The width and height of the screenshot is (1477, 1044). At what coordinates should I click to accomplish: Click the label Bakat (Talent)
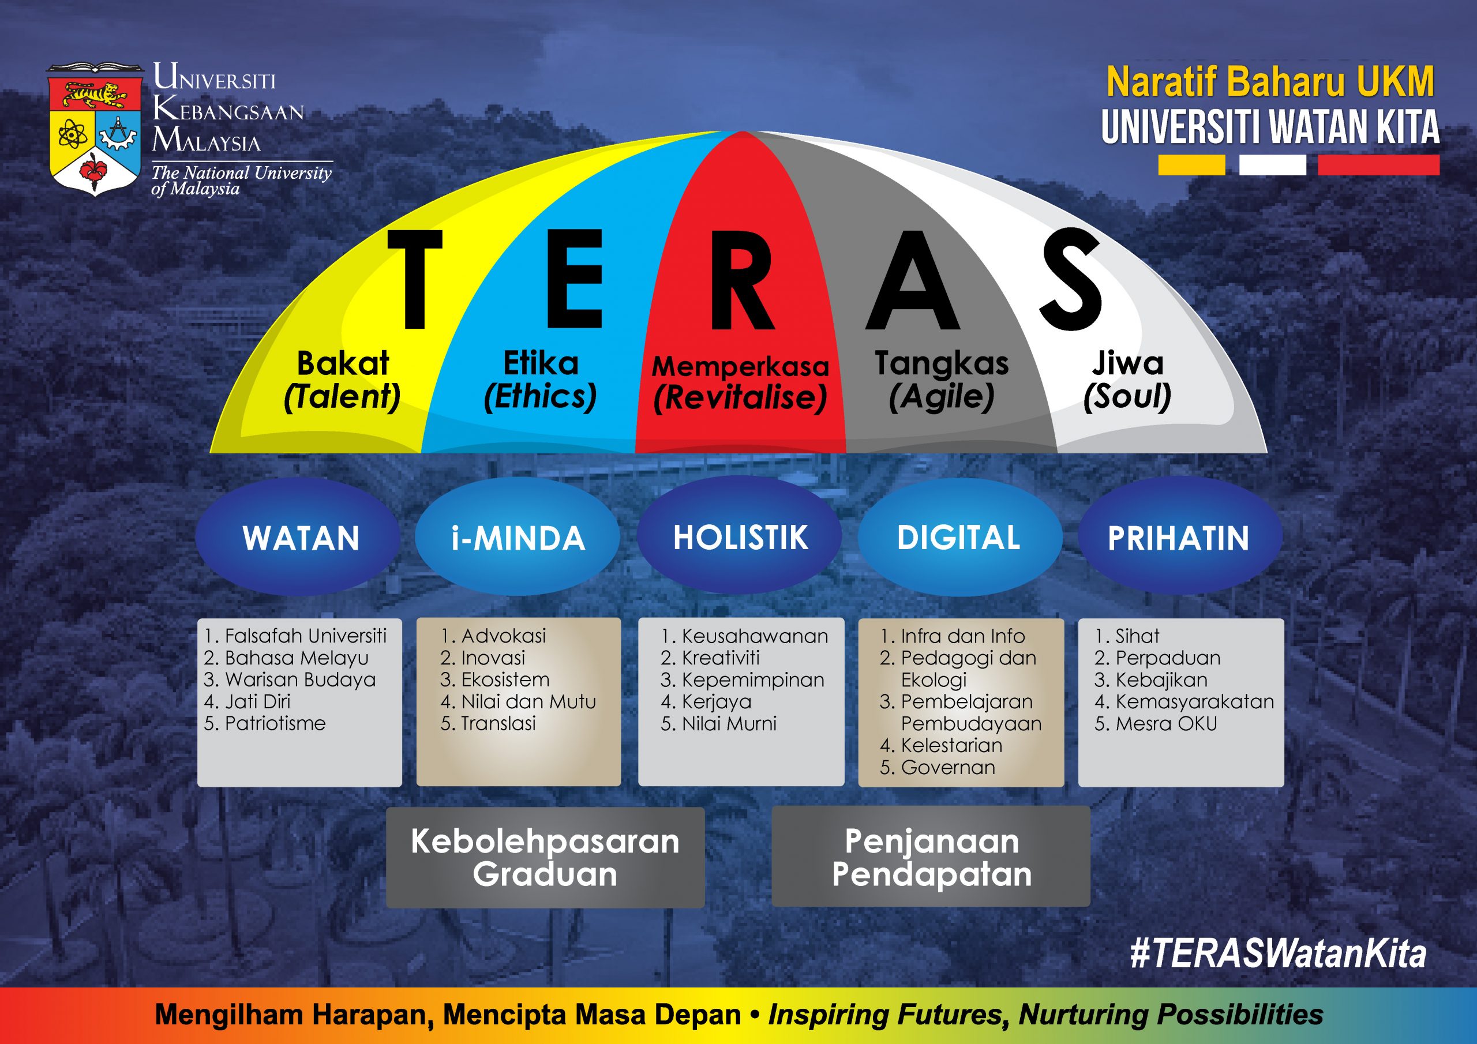[342, 380]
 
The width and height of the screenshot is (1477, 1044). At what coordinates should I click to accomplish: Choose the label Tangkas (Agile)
[942, 380]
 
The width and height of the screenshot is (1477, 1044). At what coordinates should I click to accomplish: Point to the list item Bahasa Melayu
[286, 658]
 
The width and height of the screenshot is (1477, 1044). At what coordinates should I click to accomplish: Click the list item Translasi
[488, 724]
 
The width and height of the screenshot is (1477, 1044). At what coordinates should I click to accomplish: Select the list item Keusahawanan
[744, 636]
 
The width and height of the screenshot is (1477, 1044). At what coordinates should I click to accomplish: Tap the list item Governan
[938, 767]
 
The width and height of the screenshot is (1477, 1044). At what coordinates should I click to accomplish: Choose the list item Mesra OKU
[1156, 724]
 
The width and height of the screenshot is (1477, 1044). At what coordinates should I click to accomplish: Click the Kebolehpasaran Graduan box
[545, 858]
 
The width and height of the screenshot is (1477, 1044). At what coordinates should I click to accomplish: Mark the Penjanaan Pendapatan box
[931, 856]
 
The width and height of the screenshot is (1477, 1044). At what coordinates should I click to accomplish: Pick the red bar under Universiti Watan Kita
[1378, 164]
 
